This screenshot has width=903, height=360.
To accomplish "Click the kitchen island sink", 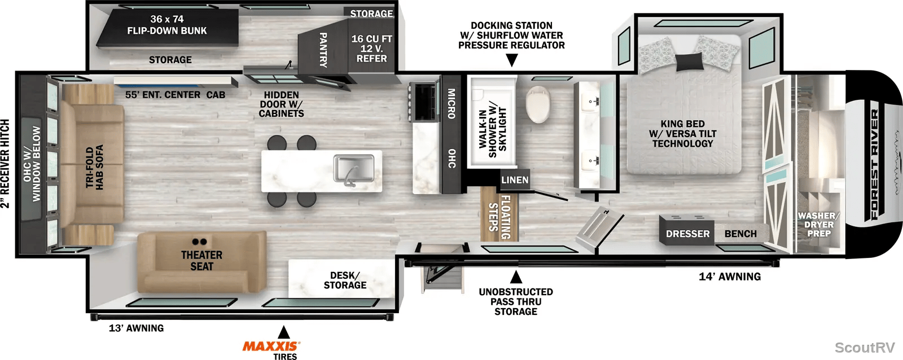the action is (x=353, y=169).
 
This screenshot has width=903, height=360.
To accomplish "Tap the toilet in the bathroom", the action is (x=538, y=104).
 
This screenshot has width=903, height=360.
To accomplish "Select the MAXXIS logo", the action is (x=271, y=346).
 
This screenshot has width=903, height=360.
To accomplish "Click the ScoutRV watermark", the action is (x=864, y=347).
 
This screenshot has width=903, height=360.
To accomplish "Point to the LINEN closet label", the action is (x=515, y=180).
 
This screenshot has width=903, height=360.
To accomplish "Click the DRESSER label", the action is (x=687, y=234).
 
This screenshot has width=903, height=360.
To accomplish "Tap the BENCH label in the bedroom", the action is (x=740, y=234).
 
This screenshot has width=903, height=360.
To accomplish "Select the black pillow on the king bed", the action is (x=689, y=62).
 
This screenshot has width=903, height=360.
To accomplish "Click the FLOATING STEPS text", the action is (x=499, y=217).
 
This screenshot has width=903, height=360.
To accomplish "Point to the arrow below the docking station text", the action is (x=511, y=60).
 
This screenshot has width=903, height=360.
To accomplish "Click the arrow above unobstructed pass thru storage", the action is (x=516, y=277).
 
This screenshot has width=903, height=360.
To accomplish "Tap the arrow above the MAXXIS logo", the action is (x=284, y=332).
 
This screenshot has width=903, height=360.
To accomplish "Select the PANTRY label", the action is (x=323, y=50).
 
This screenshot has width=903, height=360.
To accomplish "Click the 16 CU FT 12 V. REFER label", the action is (x=372, y=49).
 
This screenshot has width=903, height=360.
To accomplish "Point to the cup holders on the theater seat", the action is (x=200, y=242).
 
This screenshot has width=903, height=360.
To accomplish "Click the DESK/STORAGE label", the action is (x=345, y=280).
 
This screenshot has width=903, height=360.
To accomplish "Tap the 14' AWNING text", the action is (x=730, y=276).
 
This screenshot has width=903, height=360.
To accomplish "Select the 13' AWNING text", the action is (x=136, y=328).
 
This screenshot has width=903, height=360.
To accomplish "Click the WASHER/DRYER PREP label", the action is (x=819, y=225).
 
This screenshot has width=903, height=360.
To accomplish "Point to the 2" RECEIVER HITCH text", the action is (x=5, y=164).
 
